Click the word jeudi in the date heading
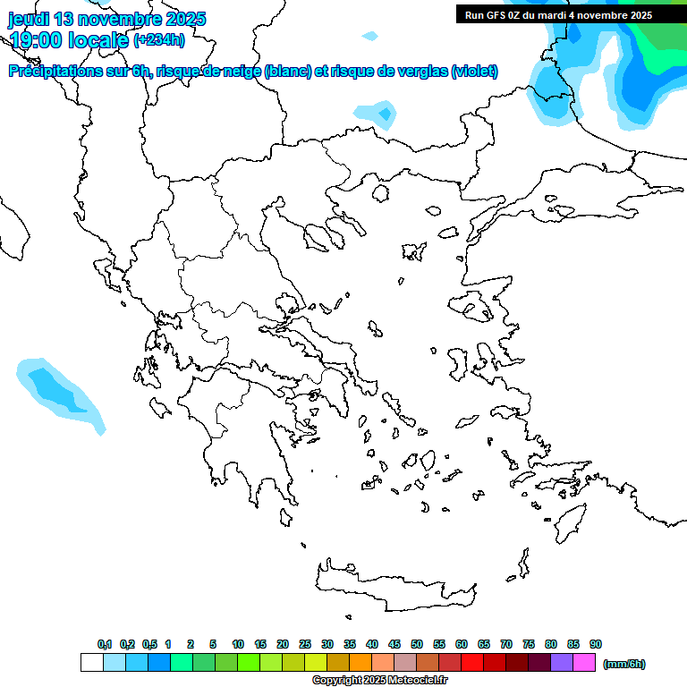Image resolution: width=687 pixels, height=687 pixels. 30,19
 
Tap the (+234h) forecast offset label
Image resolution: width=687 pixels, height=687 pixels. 159,39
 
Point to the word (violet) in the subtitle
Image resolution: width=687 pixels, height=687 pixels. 474,72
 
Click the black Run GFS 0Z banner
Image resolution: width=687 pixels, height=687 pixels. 558,14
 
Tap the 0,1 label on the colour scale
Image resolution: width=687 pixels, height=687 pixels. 105,644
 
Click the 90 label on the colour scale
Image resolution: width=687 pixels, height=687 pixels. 596,644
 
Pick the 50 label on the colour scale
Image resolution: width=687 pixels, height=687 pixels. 417,644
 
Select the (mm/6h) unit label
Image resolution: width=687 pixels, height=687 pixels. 624,664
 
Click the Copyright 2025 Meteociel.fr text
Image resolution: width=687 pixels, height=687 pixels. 379,681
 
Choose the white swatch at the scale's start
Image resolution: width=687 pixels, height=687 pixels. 92,662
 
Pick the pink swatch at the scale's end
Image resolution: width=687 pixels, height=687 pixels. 584,662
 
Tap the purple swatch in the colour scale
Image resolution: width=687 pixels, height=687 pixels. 562,662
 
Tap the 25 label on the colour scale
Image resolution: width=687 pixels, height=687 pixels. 305,644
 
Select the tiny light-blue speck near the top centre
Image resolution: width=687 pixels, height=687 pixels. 369,36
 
